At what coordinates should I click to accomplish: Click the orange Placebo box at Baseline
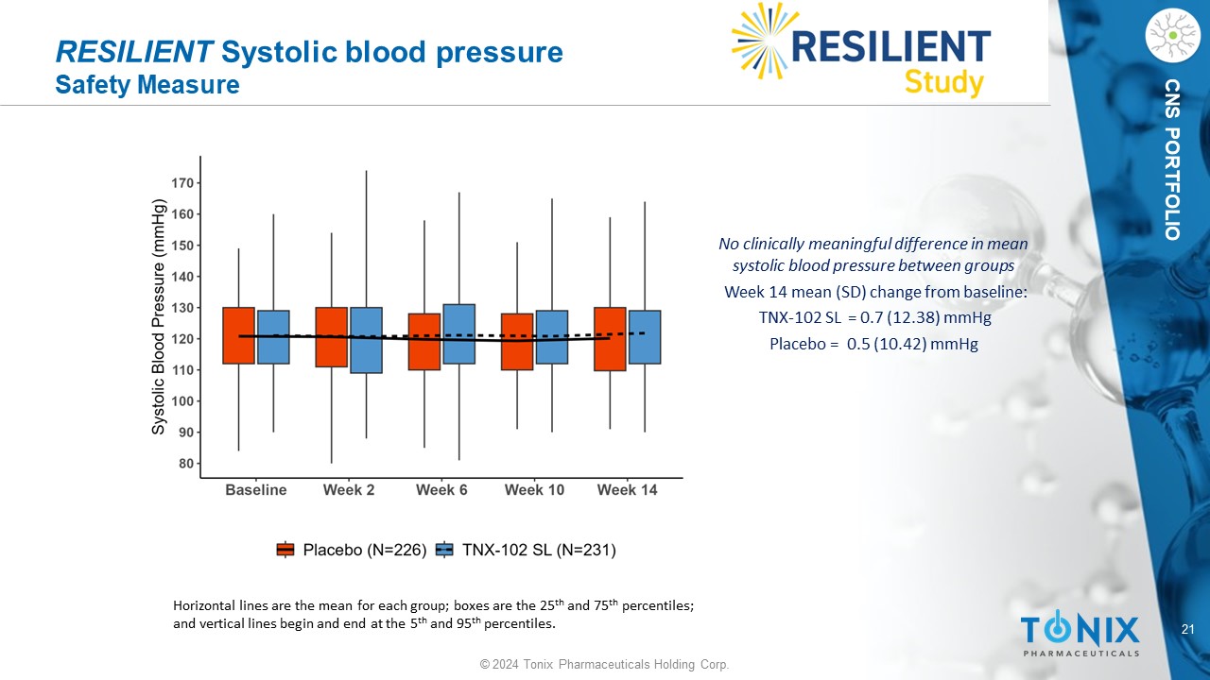pos(239,335)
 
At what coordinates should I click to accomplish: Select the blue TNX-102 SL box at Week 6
pos(458,333)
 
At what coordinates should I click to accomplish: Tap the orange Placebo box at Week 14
pos(610,338)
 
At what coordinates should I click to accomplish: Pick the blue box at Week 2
pos(366,340)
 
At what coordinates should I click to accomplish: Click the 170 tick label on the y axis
pos(182,183)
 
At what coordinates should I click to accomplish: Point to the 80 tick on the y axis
pos(186,464)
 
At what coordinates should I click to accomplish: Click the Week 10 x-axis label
pos(534,490)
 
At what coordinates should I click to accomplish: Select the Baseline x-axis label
pos(255,490)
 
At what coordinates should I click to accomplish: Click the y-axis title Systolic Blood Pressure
pos(159,317)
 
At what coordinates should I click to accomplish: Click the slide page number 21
pos(1189,630)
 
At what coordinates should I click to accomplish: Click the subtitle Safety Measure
pos(147,85)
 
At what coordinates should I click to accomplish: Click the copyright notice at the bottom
pos(604,665)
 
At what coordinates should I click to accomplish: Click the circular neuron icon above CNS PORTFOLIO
pos(1171,36)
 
